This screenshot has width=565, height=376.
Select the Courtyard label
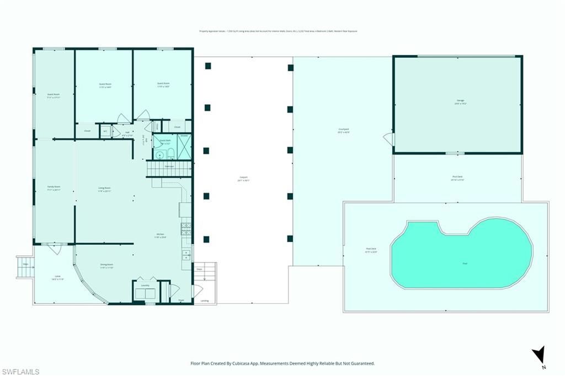[343, 131]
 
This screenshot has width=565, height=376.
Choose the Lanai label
[58, 278]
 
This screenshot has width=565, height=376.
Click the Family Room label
[54, 188]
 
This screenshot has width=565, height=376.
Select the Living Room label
[104, 190]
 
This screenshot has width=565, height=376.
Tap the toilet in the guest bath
[170, 153]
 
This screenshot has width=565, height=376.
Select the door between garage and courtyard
[390, 139]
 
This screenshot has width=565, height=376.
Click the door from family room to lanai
[54, 249]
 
